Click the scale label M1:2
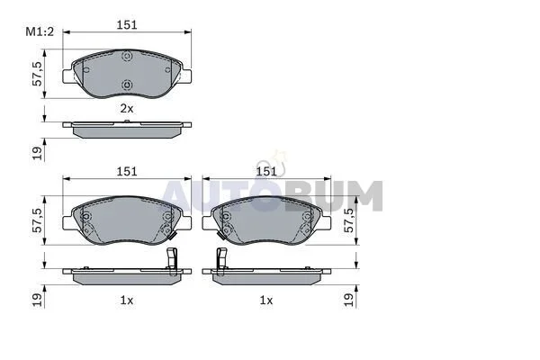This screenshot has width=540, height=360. tap(40, 32)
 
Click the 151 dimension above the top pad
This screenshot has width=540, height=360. tap(127, 25)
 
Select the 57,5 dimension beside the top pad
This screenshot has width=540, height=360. tap(37, 74)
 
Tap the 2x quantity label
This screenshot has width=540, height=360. tap(126, 109)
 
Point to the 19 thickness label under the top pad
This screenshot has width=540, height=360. tap(37, 153)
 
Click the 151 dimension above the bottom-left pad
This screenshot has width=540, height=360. tap(127, 171)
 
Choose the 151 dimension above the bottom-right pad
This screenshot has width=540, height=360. tap(266, 171)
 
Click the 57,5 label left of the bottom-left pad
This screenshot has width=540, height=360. tap(37, 220)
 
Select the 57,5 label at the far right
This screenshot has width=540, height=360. tap(348, 220)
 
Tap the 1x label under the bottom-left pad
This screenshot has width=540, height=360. tap(126, 301)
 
